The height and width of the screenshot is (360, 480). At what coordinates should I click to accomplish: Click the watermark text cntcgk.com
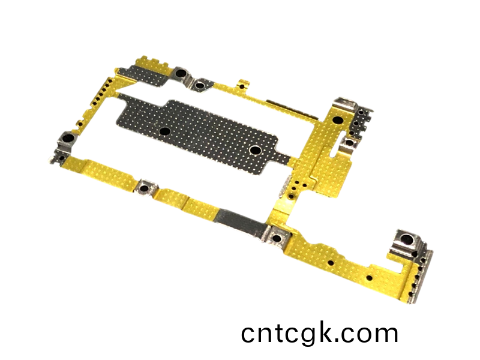(320, 334)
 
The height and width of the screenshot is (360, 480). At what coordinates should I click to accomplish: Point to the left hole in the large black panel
(165, 131)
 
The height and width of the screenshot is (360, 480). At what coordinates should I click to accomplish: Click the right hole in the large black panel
(255, 150)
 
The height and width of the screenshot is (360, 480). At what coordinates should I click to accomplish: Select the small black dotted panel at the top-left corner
(144, 76)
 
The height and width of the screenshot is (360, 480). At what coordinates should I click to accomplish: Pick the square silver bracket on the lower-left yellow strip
(146, 187)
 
